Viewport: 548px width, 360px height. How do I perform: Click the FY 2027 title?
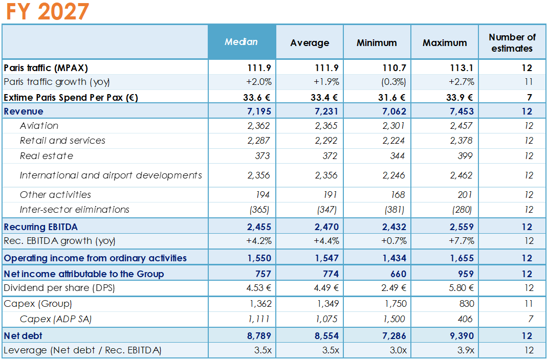pos(48,12)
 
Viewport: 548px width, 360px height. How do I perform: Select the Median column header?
pos(242,42)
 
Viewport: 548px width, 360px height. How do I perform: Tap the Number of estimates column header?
pos(512,43)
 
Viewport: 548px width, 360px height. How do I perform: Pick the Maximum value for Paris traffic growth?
pos(461,82)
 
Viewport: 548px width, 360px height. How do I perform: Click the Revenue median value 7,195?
pos(259,111)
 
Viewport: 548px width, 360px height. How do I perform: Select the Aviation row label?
pos(39,126)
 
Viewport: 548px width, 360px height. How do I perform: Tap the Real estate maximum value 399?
pos(466,156)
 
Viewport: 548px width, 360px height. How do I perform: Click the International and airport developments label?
pos(111,175)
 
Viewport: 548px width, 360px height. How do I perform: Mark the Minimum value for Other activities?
pos(397,195)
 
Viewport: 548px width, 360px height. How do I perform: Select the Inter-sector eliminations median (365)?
pos(259,210)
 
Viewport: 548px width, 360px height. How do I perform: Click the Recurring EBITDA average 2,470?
pos(325,227)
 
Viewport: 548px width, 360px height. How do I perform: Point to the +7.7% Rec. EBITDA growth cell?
pos(461,241)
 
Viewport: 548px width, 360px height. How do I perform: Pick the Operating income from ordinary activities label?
pos(95,258)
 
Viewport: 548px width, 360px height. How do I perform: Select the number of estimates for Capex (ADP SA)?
pos(530,319)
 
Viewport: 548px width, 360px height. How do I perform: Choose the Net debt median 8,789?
pos(259,336)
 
